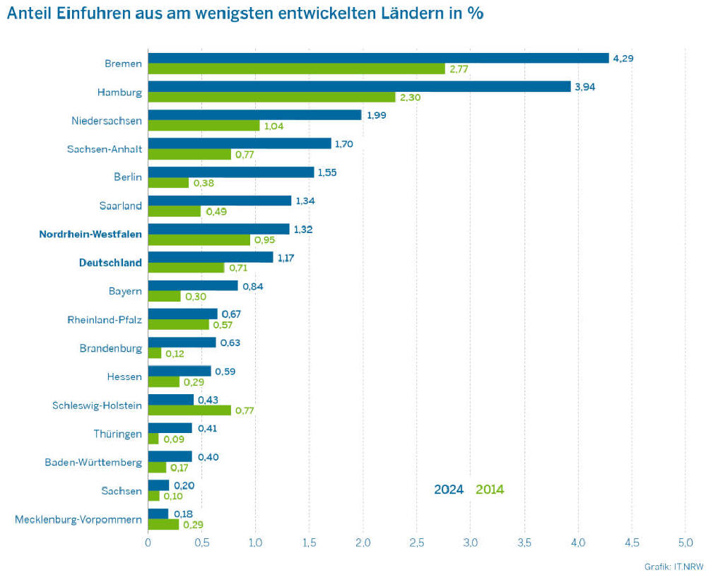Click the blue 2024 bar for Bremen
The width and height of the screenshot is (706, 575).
[378, 58]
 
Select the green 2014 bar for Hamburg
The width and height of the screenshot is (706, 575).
[271, 97]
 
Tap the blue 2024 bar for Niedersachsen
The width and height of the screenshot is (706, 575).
[254, 115]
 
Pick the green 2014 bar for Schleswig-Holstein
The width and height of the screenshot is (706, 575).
[189, 410]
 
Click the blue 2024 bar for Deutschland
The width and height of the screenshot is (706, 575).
[210, 257]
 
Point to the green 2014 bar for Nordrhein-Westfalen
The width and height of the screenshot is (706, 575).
[199, 240]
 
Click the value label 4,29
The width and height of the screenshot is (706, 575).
[623, 58]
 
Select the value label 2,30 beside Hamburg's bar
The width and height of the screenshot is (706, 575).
[410, 97]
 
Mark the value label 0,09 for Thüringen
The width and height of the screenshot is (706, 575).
[173, 439]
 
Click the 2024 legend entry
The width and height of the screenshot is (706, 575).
[448, 489]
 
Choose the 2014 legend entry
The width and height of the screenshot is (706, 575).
[490, 489]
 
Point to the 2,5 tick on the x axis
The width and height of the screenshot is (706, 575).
[416, 543]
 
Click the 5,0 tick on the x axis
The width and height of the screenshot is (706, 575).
[685, 543]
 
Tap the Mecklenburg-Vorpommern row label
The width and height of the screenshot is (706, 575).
[78, 520]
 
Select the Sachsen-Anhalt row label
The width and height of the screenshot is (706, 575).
[105, 149]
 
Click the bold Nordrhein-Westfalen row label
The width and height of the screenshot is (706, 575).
[90, 234]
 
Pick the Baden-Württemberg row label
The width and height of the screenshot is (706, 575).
[93, 463]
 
